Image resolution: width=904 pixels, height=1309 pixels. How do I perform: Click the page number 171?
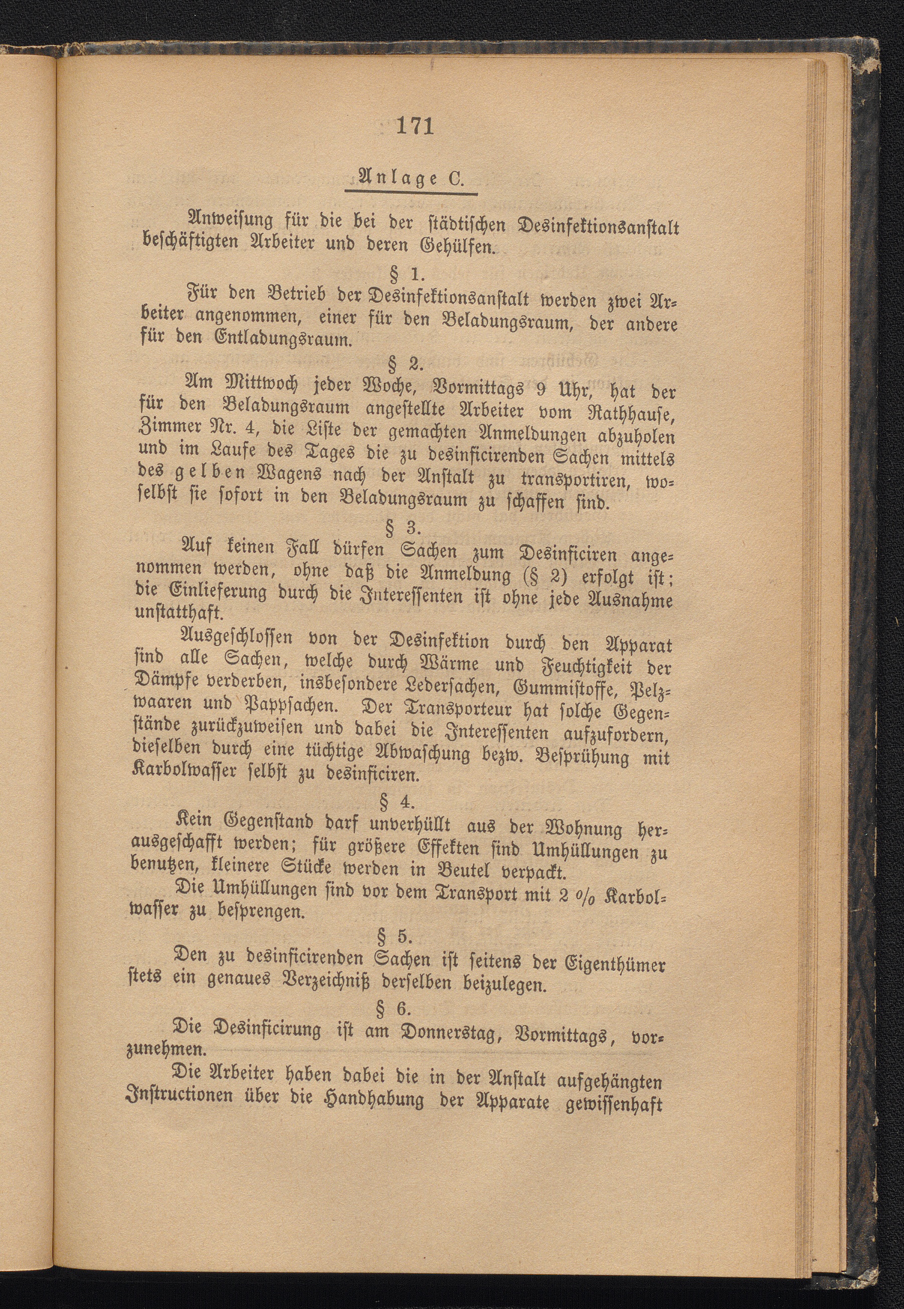415,126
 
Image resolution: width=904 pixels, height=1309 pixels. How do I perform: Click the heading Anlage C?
410,179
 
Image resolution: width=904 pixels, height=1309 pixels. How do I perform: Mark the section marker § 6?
395,1008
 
